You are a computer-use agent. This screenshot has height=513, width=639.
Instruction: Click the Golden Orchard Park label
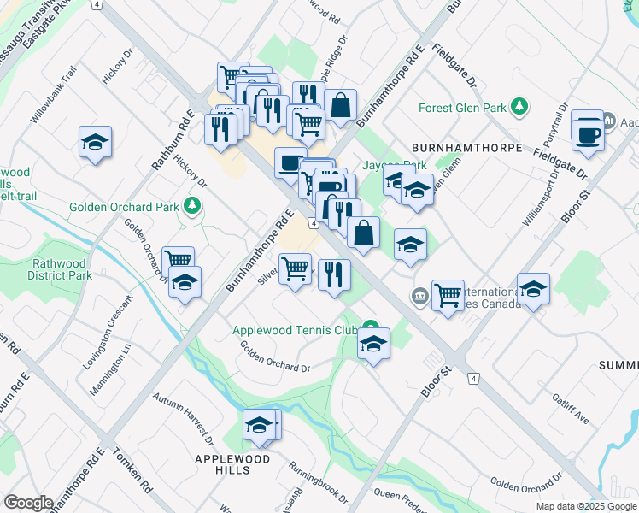click(x=124, y=206)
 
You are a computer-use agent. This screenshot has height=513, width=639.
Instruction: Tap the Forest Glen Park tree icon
click(x=518, y=108)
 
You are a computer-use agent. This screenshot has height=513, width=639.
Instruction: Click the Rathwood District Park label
click(x=61, y=269)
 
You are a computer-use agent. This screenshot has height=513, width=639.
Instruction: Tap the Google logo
click(x=27, y=503)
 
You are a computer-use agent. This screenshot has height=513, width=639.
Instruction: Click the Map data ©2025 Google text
click(x=586, y=506)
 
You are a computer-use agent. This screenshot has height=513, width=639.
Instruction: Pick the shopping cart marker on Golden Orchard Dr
click(x=178, y=261)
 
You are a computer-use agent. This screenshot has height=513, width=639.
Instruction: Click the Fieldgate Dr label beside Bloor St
click(x=560, y=160)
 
